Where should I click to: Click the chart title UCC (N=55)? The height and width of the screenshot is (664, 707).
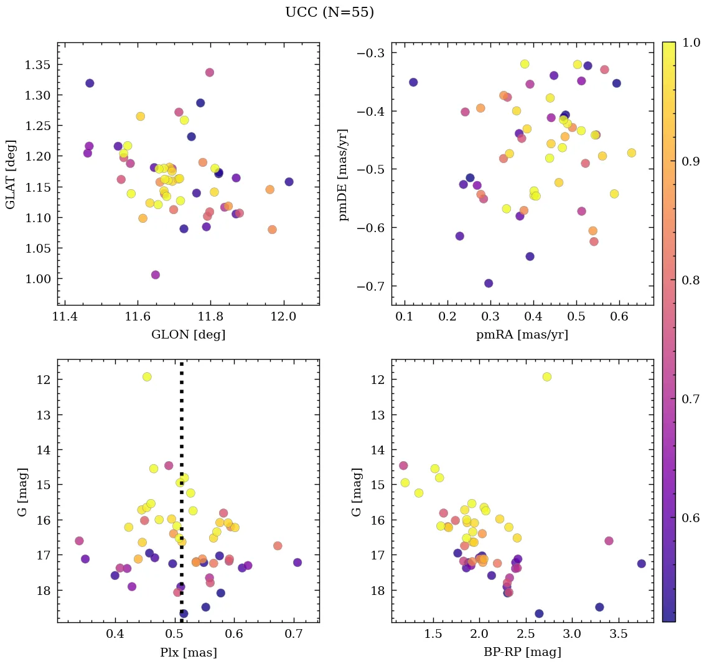pyautogui.click(x=329, y=12)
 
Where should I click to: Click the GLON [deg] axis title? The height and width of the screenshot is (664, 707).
pyautogui.click(x=189, y=335)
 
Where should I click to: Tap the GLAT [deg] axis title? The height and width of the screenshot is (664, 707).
pyautogui.click(x=11, y=174)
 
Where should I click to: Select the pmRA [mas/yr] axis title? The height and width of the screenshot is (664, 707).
pyautogui.click(x=522, y=335)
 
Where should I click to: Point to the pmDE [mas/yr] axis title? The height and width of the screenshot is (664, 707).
pyautogui.click(x=344, y=175)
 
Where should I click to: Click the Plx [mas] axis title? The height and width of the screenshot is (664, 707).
pyautogui.click(x=188, y=652)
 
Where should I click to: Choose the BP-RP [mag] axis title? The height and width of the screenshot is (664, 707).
pyautogui.click(x=522, y=652)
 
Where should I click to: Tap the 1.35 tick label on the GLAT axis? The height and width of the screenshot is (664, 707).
pyautogui.click(x=39, y=65)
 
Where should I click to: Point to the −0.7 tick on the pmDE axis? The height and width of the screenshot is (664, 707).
pyautogui.click(x=372, y=286)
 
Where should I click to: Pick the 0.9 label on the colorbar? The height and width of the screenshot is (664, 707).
pyautogui.click(x=690, y=161)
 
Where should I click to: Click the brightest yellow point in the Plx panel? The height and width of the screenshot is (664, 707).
pyautogui.click(x=147, y=376)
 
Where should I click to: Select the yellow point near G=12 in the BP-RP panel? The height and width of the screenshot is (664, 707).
pyautogui.click(x=547, y=376)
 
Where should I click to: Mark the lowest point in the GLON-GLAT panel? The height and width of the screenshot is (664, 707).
pyautogui.click(x=156, y=275)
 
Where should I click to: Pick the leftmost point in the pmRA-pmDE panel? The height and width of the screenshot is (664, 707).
pyautogui.click(x=413, y=82)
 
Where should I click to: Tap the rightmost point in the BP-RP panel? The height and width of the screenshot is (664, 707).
pyautogui.click(x=642, y=564)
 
